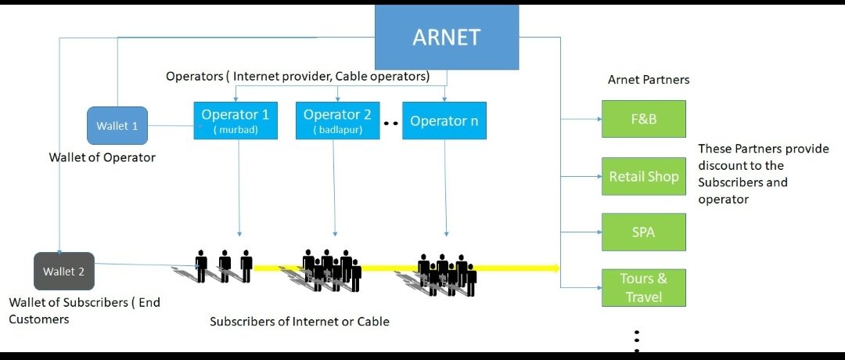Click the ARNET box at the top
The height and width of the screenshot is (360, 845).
[447, 37]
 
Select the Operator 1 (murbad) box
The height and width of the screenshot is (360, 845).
[236, 121]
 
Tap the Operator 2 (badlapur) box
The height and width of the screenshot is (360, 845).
[337, 121]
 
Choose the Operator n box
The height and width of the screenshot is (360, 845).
[444, 121]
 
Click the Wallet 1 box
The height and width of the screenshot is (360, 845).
[117, 125]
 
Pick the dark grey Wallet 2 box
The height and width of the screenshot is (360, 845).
[64, 272]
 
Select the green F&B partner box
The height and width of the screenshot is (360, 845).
[643, 119]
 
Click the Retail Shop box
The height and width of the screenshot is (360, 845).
[643, 176]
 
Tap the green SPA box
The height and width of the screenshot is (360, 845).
[643, 232]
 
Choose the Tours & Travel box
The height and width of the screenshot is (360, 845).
[643, 287]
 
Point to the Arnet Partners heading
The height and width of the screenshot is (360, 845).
[649, 80]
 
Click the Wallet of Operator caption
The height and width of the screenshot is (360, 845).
[102, 157]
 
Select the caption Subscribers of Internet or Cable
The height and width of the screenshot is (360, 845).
[300, 321]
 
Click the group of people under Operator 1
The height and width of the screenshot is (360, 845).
[224, 266]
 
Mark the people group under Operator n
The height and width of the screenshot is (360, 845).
[448, 274]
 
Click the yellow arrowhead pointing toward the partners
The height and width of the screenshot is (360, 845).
[556, 268]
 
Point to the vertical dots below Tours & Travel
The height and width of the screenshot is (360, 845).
[638, 338]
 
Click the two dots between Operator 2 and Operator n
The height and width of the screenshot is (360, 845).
[391, 123]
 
